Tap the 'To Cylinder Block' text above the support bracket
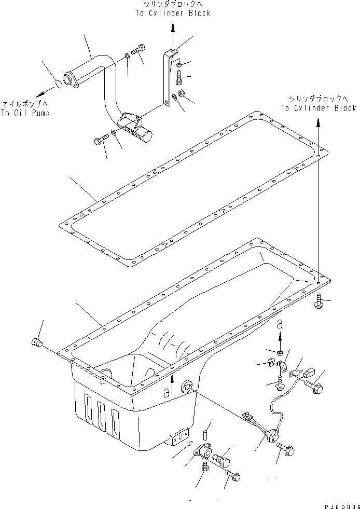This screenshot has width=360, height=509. tap(173, 13)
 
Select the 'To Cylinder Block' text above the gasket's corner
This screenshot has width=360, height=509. tap(319, 108)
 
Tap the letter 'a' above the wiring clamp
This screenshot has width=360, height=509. tap(280, 324)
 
